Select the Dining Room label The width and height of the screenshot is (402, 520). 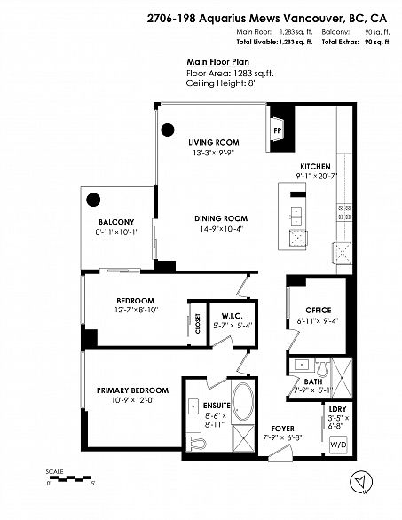tap(221, 218)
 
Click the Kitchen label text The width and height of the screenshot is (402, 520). tap(315, 167)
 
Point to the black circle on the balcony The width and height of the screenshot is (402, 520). tap(95, 199)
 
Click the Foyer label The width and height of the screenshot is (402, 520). tap(282, 428)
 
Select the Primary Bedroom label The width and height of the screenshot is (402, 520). tap(132, 390)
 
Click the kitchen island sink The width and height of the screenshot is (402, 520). tap(296, 217)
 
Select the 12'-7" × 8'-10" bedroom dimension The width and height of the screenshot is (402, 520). tap(135, 310)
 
